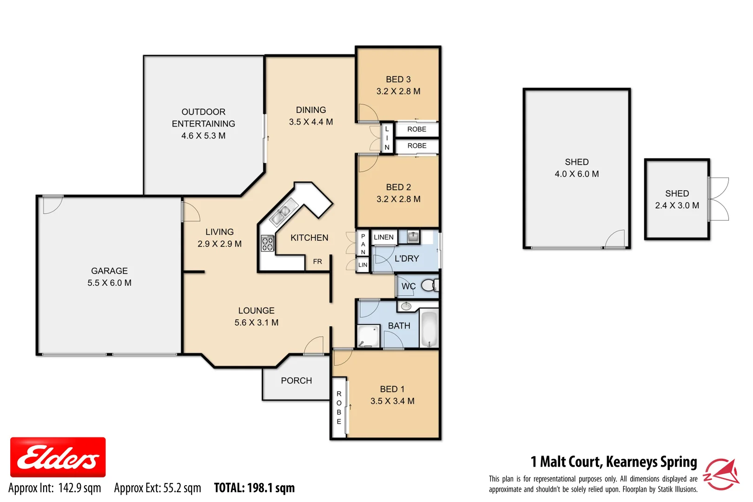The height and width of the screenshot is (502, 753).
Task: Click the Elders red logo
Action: pyautogui.click(x=58, y=457)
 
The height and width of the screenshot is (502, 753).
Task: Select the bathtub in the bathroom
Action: pyautogui.click(x=429, y=329)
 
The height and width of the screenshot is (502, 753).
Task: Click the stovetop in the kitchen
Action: pyautogui.click(x=267, y=244)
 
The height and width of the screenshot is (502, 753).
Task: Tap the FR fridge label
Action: pyautogui.click(x=317, y=262)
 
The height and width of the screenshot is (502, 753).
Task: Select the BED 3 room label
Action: pyautogui.click(x=398, y=79)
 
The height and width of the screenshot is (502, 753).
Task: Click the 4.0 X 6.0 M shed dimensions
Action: pyautogui.click(x=576, y=174)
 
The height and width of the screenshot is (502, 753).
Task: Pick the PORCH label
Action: pyautogui.click(x=296, y=381)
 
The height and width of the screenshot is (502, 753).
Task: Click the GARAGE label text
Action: pyautogui.click(x=109, y=271)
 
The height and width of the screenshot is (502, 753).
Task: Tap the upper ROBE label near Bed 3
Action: pyautogui.click(x=416, y=129)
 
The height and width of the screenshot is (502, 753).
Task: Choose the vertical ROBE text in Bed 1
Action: pyautogui.click(x=339, y=408)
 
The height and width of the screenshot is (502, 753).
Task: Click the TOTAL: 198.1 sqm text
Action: pyautogui.click(x=254, y=488)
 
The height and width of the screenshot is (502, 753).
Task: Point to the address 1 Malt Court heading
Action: pyautogui.click(x=614, y=462)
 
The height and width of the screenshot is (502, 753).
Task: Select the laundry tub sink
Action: pyautogui.click(x=413, y=237)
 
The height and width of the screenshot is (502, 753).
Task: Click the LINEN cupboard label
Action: pyautogui.click(x=383, y=237)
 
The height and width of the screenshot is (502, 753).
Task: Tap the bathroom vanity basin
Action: pyautogui.click(x=406, y=306)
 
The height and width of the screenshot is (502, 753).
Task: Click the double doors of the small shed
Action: pyautogui.click(x=718, y=199)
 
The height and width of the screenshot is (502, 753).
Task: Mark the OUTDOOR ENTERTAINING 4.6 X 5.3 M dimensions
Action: pyautogui.click(x=203, y=136)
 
